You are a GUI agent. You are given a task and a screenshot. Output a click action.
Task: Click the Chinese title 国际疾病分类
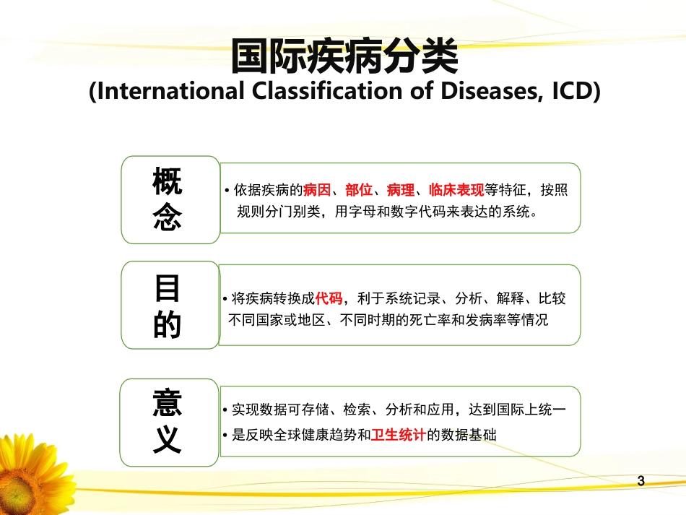tap(344, 57)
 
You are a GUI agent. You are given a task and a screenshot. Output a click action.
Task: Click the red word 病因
tap(318, 191)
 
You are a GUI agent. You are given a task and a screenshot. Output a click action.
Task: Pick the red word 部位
tap(359, 191)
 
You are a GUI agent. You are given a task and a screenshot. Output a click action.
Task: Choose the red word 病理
tap(401, 191)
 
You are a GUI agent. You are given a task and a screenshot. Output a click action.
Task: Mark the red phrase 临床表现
tap(456, 191)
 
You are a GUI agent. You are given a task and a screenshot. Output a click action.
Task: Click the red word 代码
tap(329, 298)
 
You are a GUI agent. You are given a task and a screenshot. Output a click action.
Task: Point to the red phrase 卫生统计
tap(398, 435)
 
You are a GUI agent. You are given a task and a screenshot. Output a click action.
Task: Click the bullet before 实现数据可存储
tap(226, 411)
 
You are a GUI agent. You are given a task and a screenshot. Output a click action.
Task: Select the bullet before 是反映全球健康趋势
tap(226, 436)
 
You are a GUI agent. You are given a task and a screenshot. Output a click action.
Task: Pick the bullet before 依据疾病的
tap(227, 191)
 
